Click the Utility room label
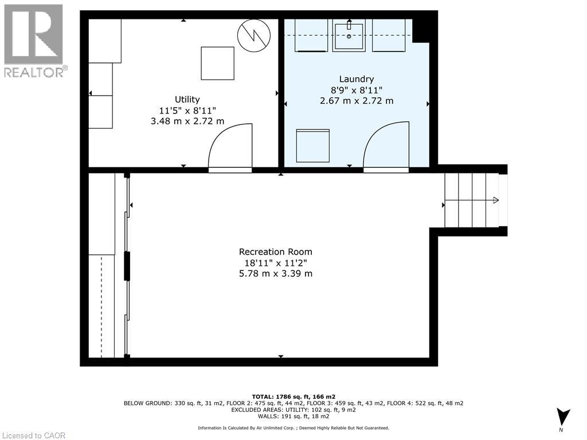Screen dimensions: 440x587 [x=187, y=100]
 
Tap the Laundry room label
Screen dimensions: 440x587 [x=356, y=79]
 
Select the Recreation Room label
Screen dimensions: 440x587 [x=276, y=252]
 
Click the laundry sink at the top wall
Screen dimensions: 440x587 [x=349, y=35]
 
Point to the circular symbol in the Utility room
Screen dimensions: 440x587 [x=254, y=36]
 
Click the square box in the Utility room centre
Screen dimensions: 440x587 [x=217, y=63]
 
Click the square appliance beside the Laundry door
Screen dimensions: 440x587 [x=312, y=146]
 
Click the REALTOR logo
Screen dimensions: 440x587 [x=34, y=41]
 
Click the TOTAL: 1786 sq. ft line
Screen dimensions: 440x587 [x=293, y=396]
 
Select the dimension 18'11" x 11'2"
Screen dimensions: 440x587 [x=276, y=263]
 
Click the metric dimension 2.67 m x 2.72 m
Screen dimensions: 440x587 [x=356, y=101]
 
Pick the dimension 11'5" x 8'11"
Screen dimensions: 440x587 [x=187, y=111]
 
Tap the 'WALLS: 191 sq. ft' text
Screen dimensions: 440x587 [x=293, y=417]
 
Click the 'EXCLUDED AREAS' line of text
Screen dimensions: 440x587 [x=293, y=410]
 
